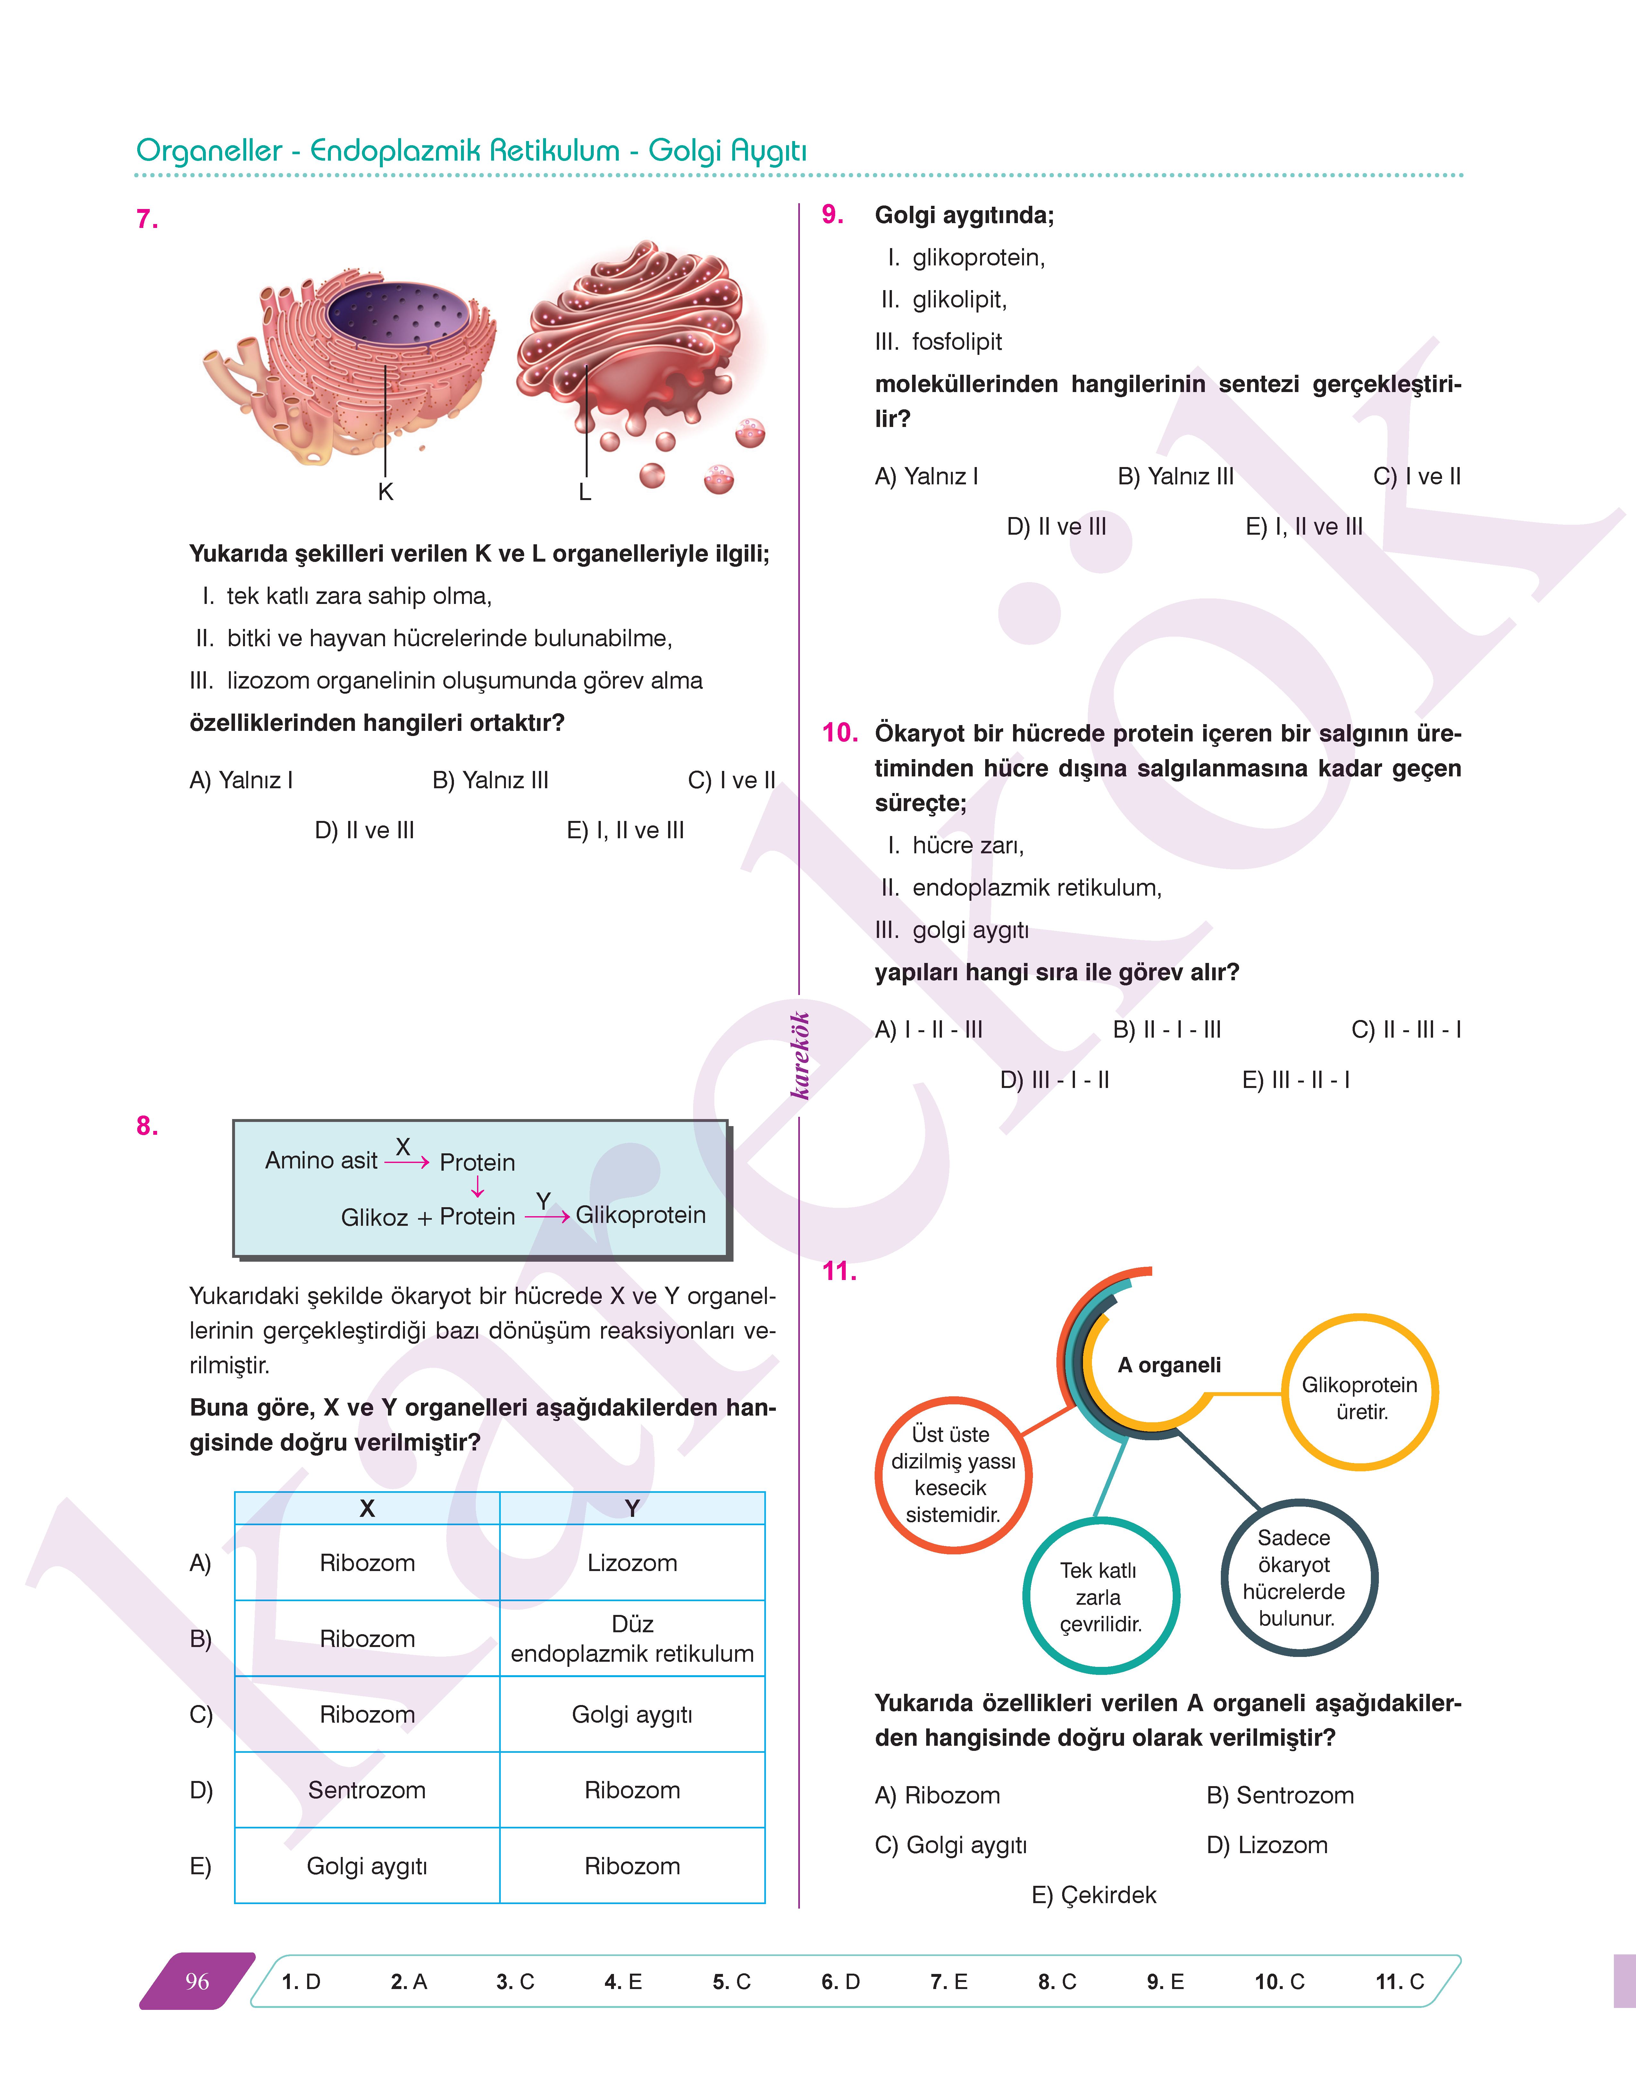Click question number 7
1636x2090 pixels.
(x=147, y=219)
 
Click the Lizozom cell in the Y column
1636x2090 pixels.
(x=632, y=1563)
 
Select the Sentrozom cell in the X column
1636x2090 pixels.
(x=367, y=1790)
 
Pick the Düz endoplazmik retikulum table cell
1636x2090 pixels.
(x=632, y=1639)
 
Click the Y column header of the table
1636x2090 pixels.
(x=632, y=1509)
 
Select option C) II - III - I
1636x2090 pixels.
(x=1405, y=1030)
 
